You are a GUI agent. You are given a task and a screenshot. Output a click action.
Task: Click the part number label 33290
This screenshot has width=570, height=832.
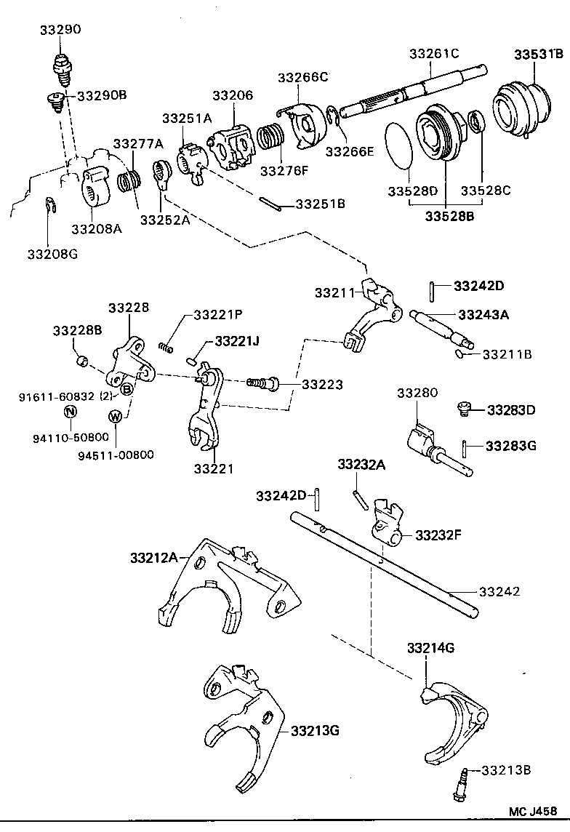click(60, 30)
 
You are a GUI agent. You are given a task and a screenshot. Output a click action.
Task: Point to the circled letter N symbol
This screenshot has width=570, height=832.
click(71, 411)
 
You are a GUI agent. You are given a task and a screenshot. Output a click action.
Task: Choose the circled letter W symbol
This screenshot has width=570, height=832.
click(115, 416)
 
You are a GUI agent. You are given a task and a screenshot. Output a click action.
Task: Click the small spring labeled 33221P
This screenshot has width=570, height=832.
click(168, 346)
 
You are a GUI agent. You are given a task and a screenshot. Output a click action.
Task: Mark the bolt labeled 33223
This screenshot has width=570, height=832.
click(262, 382)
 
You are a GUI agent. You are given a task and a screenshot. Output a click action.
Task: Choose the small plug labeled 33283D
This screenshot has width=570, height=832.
click(462, 409)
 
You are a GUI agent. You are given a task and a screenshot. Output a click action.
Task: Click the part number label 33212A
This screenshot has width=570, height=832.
click(154, 558)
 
